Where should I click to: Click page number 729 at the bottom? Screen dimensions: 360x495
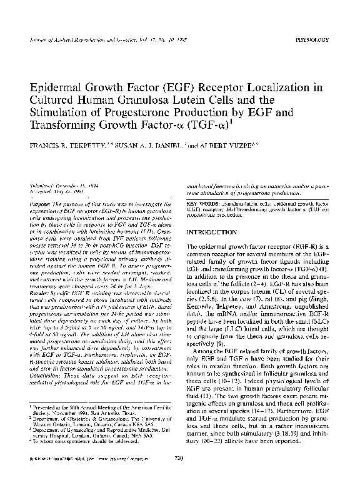pos(179,476)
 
